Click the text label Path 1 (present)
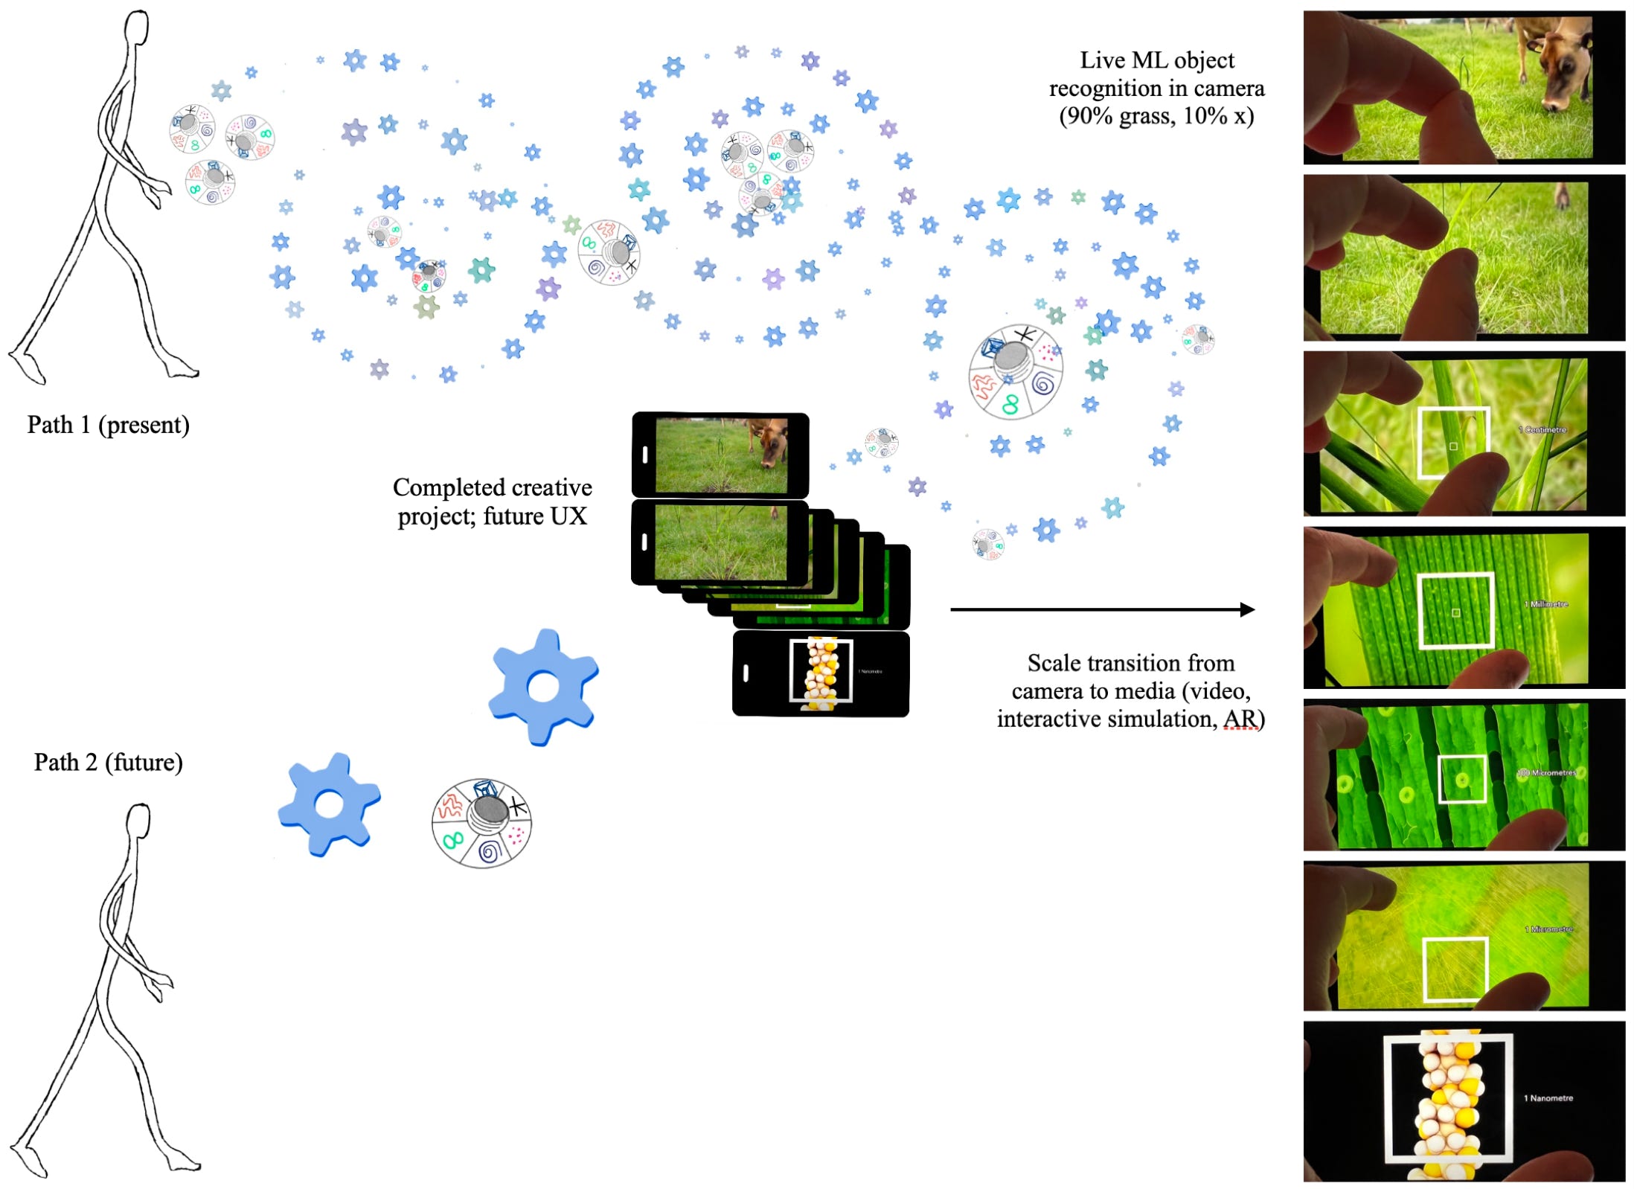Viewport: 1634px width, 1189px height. point(109,425)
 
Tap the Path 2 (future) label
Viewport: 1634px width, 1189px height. point(109,763)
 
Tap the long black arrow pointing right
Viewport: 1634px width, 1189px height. point(1101,610)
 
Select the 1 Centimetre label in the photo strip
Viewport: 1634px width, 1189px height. point(1542,430)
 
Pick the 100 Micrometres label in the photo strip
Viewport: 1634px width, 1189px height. point(1546,773)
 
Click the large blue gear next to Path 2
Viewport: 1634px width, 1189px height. point(329,804)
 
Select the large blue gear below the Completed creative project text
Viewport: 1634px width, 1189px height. point(543,686)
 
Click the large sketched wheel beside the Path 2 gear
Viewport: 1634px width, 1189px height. point(482,823)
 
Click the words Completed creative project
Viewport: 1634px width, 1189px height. point(493,488)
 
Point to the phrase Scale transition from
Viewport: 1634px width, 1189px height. point(1130,663)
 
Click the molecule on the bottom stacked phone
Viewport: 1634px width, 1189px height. point(821,673)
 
